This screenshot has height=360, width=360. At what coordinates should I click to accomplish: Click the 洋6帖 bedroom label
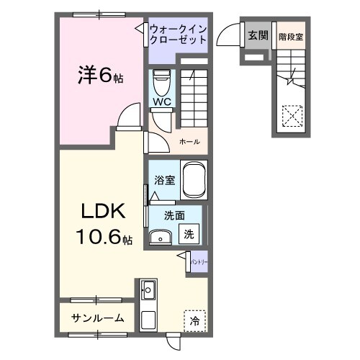tap(100, 74)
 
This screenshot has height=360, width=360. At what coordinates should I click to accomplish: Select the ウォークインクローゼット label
tap(178, 34)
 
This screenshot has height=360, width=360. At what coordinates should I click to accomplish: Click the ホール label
tap(190, 141)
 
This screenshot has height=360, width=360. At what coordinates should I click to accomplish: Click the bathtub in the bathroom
tap(194, 180)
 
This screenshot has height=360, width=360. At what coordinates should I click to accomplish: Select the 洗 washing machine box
tap(189, 234)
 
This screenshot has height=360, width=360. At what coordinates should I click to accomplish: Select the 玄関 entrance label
tap(257, 35)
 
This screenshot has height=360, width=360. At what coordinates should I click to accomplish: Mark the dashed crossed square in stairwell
tap(292, 115)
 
